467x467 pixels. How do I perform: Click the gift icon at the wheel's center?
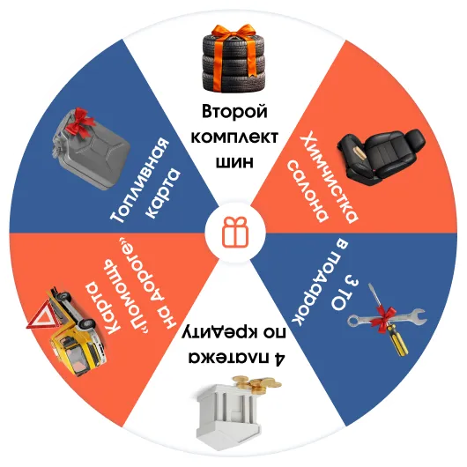point(235,232)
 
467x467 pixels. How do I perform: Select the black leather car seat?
point(382,156)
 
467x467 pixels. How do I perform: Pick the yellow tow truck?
point(75,330)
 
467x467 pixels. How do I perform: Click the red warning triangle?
point(42,315)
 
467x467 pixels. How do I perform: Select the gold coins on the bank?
point(256,384)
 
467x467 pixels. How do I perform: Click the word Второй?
point(234,112)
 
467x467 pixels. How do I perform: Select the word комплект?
point(234,137)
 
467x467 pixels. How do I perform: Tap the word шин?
point(234,162)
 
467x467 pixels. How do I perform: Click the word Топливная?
point(139,180)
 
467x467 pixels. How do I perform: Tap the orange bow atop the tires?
point(233,31)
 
